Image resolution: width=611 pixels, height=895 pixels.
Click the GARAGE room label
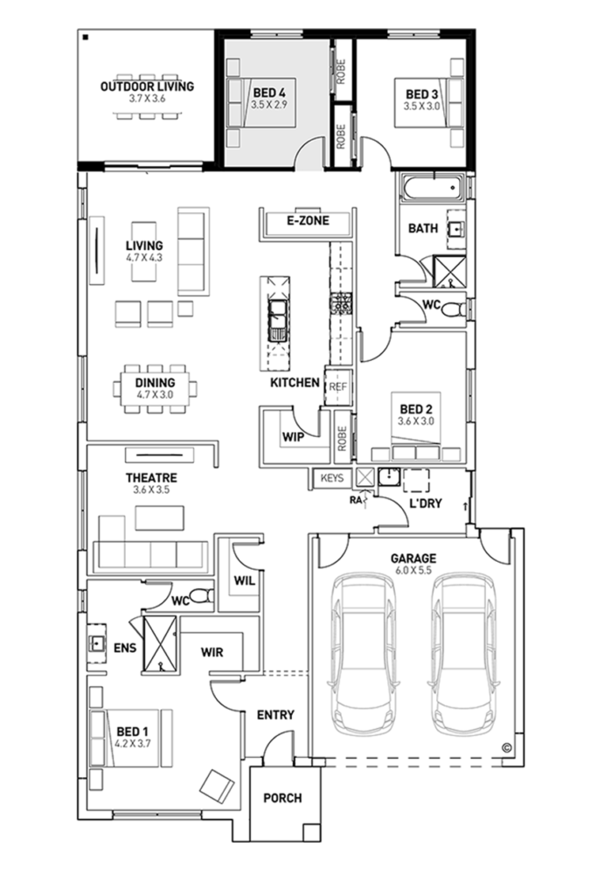[414, 558]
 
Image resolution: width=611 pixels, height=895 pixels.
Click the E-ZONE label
[308, 221]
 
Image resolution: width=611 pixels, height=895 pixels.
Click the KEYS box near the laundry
[332, 478]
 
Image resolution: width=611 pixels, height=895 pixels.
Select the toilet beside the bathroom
[452, 309]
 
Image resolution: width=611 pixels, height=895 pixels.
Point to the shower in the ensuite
[160, 645]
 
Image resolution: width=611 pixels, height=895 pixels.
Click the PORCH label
[282, 798]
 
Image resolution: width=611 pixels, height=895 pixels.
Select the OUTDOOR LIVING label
[147, 87]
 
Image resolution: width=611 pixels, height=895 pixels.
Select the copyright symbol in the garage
[507, 746]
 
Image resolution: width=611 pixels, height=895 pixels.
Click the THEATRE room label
[151, 478]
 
